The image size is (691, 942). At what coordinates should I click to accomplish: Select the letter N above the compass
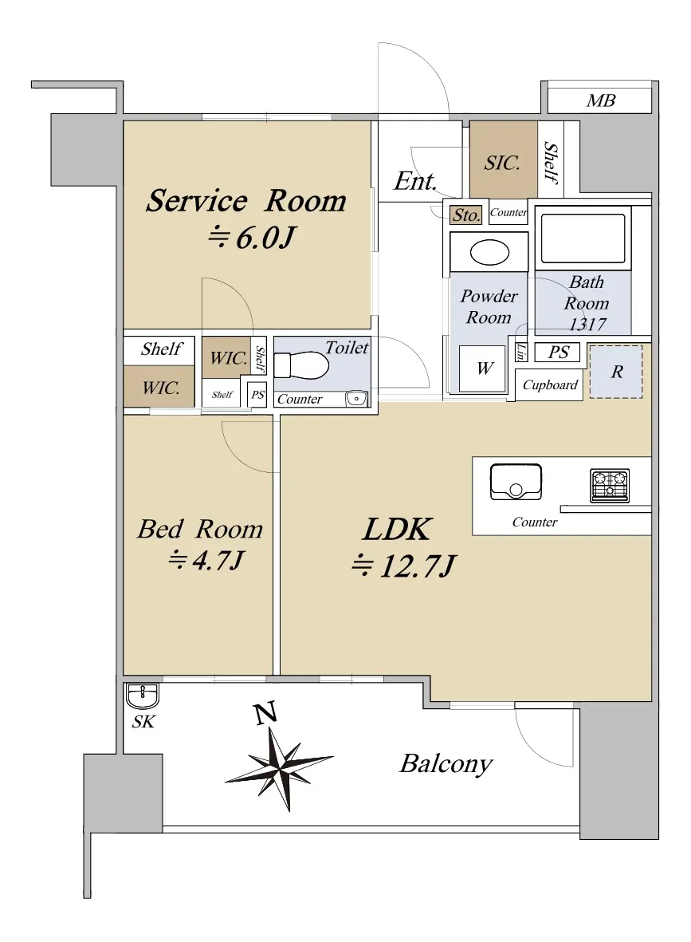coord(265,712)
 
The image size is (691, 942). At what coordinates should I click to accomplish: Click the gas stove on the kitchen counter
coord(610,486)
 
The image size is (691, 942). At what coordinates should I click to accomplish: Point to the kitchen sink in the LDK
coord(516,482)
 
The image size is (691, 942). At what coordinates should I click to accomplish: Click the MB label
coord(600,101)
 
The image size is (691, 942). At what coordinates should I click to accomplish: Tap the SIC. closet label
coord(502,162)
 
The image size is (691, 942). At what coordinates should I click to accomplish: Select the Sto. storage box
coord(466,215)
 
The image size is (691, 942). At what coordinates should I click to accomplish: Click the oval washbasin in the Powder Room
coord(490,253)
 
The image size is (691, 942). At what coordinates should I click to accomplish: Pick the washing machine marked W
coord(483,369)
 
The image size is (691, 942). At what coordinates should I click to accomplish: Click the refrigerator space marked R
coord(616,372)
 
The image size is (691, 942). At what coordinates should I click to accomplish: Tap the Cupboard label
coord(550,385)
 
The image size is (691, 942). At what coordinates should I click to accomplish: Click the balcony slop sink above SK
coord(143,696)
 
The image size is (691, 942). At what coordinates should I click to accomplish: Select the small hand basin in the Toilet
coord(356,398)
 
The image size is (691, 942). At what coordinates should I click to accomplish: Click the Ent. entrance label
coord(415,181)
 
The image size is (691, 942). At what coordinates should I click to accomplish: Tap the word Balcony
coord(446,764)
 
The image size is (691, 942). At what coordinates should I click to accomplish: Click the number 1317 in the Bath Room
coord(587,325)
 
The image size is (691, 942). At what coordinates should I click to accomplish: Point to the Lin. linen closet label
coord(520,352)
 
